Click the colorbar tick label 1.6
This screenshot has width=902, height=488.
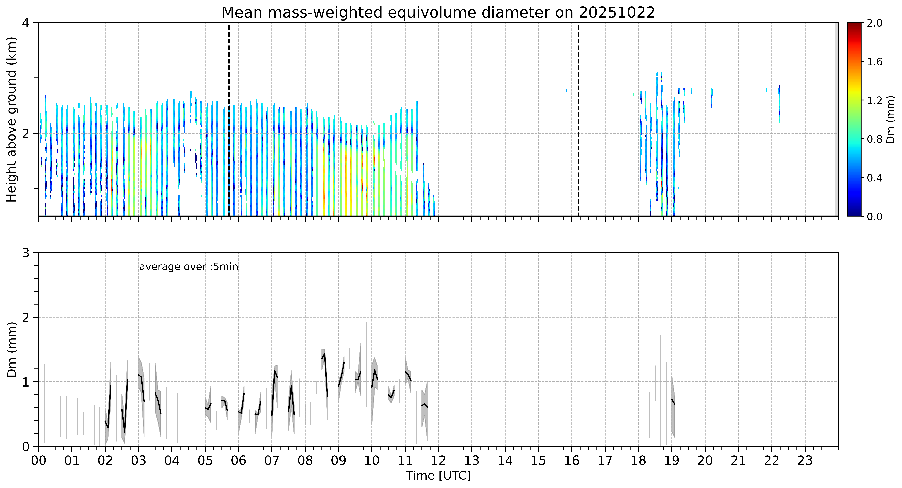click(x=875, y=62)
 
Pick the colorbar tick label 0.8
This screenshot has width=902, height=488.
click(x=875, y=139)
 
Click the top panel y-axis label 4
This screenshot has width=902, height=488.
click(x=26, y=23)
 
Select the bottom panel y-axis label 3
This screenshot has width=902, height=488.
click(x=26, y=253)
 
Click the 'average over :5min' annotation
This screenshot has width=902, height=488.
click(x=188, y=267)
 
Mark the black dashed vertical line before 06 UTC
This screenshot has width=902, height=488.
click(x=229, y=119)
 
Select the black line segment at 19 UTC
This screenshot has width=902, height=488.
click(x=673, y=402)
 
